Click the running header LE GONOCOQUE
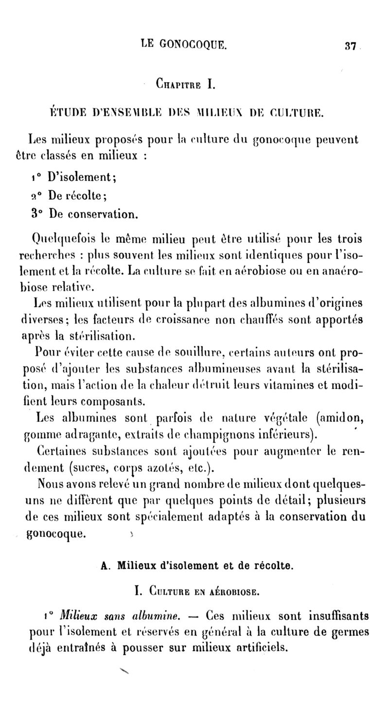tap(183, 44)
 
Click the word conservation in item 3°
tap(104, 214)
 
